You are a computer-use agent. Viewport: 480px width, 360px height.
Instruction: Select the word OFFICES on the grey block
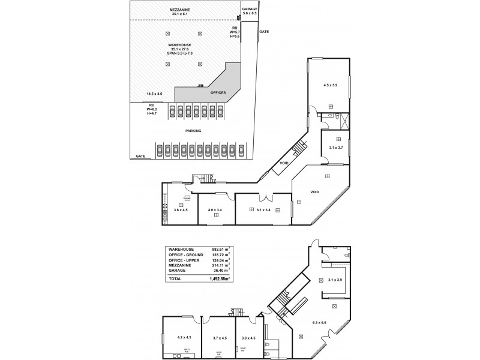point(218,92)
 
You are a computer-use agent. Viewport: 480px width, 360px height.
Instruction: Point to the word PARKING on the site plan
point(193,130)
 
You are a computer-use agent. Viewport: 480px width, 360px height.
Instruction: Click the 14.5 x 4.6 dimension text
point(154,94)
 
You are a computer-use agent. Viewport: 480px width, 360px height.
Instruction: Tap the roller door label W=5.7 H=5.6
point(235,32)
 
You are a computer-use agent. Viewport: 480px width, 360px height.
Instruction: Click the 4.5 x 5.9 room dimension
point(330,85)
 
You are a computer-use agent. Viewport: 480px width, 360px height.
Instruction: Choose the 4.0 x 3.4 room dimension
point(215,210)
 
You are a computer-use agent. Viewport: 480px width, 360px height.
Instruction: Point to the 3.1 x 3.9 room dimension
point(335,280)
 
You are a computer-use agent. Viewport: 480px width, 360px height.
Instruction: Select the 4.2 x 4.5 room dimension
point(181,338)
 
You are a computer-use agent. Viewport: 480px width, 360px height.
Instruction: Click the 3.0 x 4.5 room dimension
point(248,338)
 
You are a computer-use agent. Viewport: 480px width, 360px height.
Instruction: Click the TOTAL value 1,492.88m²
point(218,280)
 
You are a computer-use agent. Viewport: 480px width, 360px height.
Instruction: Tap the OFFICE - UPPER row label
point(185,259)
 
